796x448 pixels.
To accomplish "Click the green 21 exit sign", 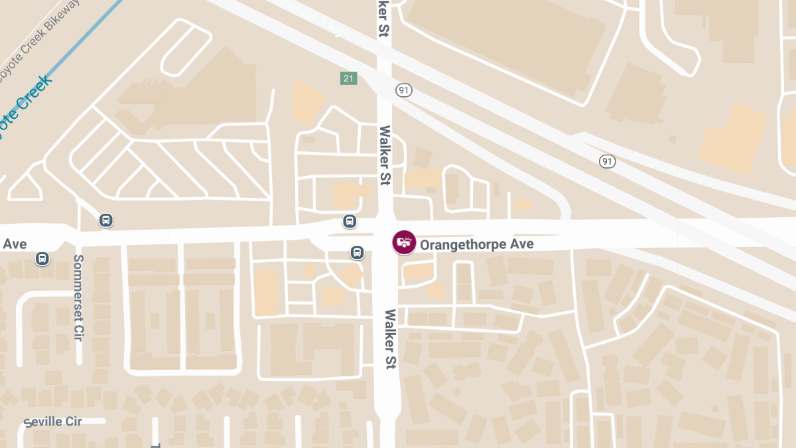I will [349, 79].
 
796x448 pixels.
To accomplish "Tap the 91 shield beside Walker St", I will [403, 90].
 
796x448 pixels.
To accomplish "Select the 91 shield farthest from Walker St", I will [607, 161].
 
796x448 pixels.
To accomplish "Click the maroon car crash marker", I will [403, 242].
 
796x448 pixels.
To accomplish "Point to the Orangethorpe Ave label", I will [476, 245].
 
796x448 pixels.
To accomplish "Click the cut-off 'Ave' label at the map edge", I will [15, 244].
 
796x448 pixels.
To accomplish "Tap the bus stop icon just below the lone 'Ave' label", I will [42, 258].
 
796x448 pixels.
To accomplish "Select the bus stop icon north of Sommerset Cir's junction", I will [105, 220].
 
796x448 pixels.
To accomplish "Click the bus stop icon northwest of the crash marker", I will [350, 221].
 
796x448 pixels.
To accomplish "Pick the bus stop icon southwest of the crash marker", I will [357, 252].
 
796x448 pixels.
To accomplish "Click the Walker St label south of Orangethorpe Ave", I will [389, 339].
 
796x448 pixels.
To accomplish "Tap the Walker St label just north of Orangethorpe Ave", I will [384, 155].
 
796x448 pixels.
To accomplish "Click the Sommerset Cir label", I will [79, 297].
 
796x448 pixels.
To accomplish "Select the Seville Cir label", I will [53, 422].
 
